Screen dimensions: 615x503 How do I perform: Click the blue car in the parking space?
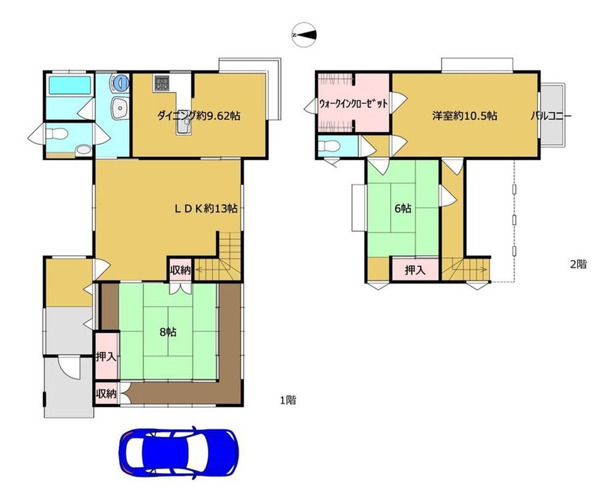pos(178,451)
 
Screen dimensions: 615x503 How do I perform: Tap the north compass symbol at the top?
pos(304,35)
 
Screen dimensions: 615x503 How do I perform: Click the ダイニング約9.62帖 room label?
pos(199,116)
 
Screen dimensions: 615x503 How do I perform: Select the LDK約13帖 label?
pos(206,208)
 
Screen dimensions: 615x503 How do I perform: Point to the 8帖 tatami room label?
pos(168,332)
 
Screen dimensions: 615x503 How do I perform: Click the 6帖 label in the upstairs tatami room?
pos(403,208)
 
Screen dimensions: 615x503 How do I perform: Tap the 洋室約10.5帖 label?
pos(465,116)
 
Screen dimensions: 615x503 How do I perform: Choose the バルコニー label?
pos(552,116)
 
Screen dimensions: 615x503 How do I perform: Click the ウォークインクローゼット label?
pos(354,104)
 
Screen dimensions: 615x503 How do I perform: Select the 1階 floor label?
pos(288,400)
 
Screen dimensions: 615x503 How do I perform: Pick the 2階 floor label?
pos(579,264)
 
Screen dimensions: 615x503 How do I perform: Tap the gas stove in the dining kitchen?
pos(161,83)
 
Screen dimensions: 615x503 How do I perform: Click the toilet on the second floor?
pos(328,146)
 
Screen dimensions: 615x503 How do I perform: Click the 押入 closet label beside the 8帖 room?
pos(106,357)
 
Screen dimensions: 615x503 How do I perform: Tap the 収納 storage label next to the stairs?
pos(180,270)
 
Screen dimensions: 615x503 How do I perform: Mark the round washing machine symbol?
pos(121,82)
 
